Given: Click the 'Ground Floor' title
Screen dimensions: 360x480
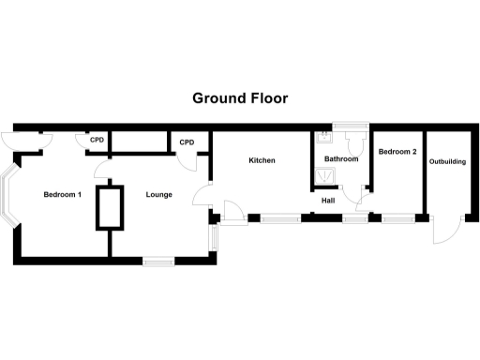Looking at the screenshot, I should (240, 97).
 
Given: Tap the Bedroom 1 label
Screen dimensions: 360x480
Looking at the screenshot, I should (63, 195).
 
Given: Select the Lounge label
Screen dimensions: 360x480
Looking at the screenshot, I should (159, 195).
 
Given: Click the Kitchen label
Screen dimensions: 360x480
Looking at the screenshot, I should (262, 160).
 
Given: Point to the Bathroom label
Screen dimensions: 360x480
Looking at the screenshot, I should (341, 159).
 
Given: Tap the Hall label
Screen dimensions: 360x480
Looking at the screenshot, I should (328, 200).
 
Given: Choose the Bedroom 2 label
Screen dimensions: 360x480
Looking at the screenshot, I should (397, 151).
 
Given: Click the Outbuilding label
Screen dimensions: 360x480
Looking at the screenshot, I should (447, 161).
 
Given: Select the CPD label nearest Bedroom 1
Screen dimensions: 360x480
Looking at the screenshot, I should (97, 142).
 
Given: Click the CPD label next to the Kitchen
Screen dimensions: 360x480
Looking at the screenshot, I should (187, 142).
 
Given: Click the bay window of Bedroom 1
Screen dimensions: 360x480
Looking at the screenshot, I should (10, 197).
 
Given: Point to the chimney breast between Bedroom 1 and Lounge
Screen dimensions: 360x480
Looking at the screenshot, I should (110, 207).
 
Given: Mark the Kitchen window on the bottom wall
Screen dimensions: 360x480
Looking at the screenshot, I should (280, 219).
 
